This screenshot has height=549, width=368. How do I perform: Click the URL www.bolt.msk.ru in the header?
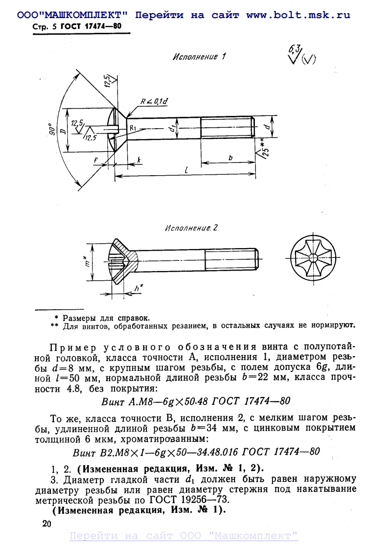tap(298, 15)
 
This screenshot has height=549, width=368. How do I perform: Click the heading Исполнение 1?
tap(199, 57)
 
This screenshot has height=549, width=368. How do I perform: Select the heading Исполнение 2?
tap(191, 228)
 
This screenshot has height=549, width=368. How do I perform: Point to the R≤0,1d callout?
tap(154, 101)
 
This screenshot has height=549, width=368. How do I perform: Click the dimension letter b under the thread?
tap(230, 158)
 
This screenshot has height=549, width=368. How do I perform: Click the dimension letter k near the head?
tap(139, 160)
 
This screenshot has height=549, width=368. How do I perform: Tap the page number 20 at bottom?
tap(47, 524)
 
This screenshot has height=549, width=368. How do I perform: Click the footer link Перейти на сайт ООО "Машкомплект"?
tap(184, 536)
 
